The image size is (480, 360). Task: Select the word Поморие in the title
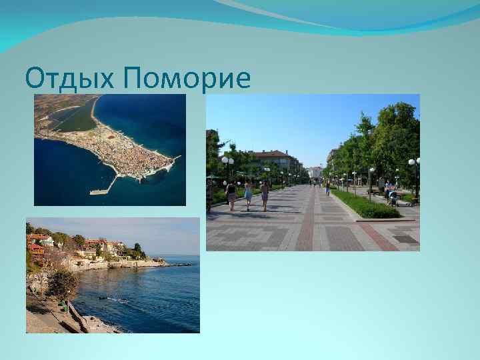(x=187, y=79)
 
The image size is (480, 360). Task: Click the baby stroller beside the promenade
(x=393, y=198)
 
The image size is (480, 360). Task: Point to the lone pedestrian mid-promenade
(x=327, y=188)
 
